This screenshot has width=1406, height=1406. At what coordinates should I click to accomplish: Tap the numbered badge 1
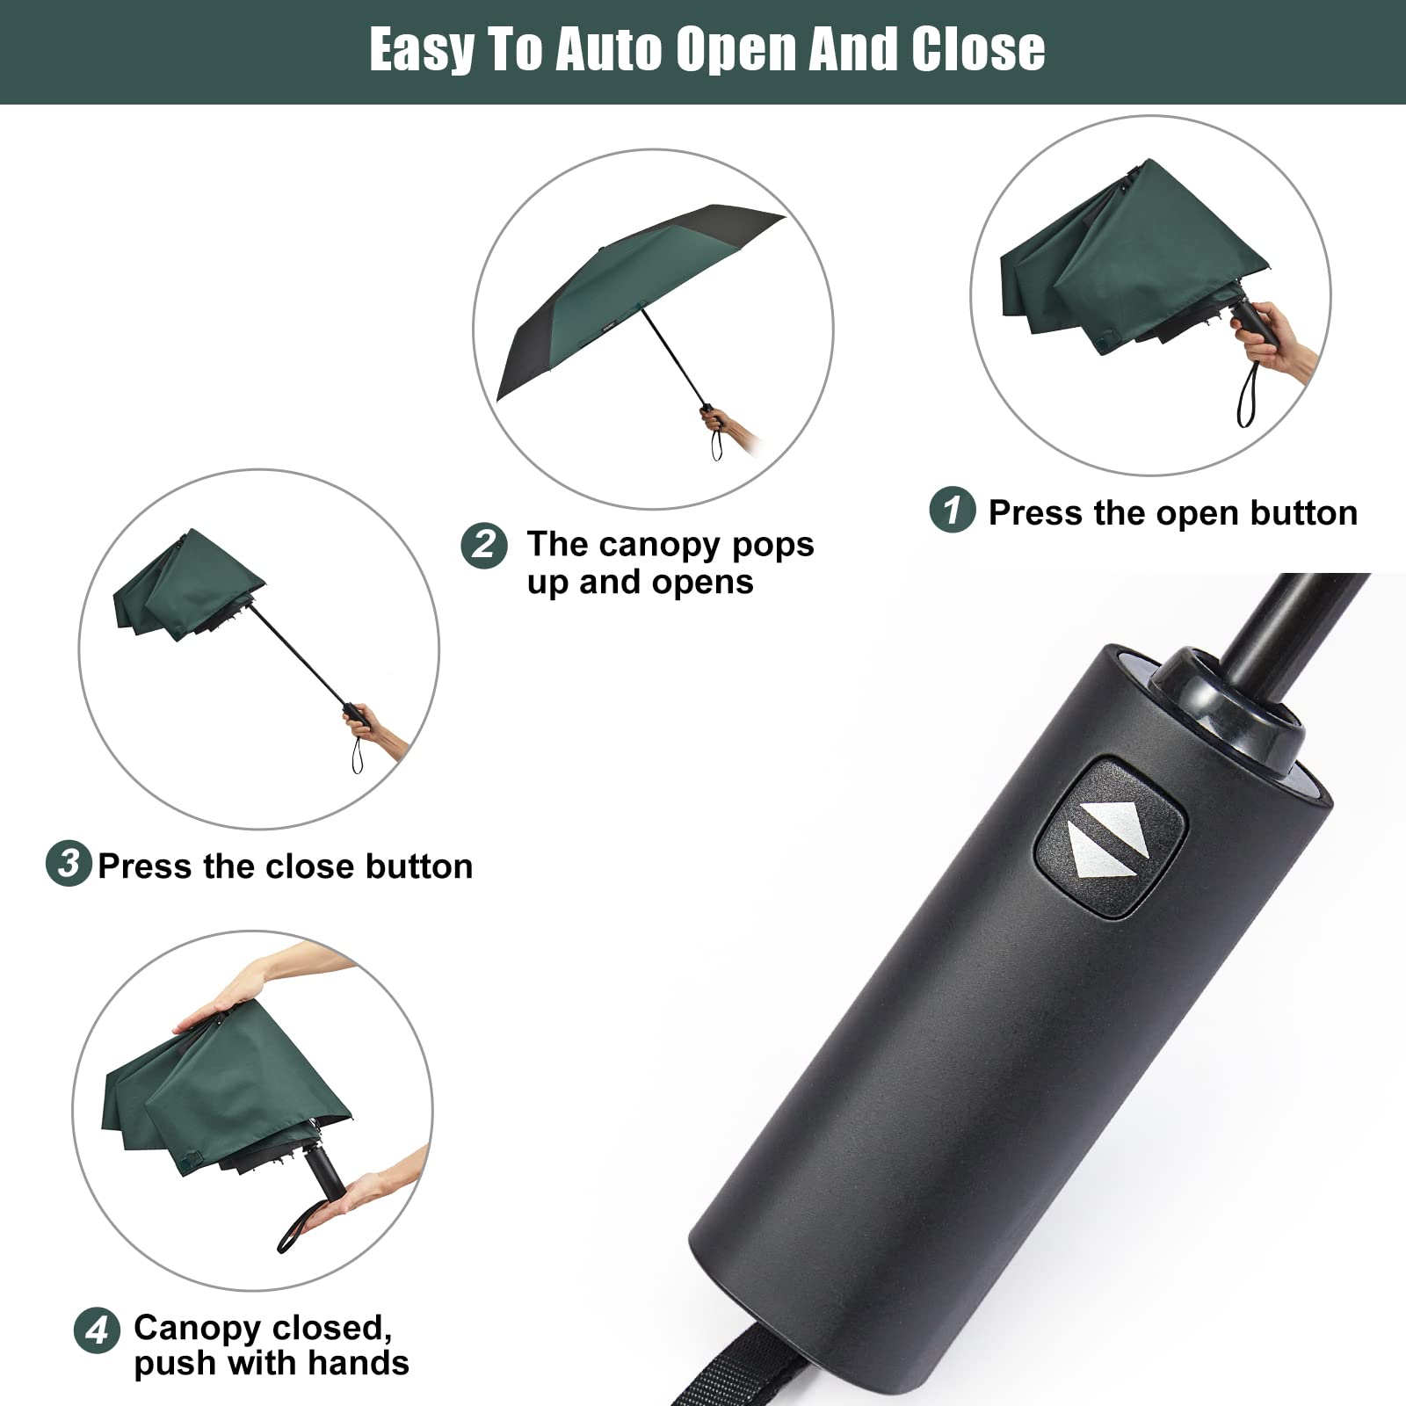tap(952, 509)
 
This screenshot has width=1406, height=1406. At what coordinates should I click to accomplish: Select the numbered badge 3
tap(69, 863)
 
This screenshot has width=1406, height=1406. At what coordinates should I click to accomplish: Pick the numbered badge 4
tap(97, 1330)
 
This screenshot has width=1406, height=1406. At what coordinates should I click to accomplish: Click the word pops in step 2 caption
tap(773, 545)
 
